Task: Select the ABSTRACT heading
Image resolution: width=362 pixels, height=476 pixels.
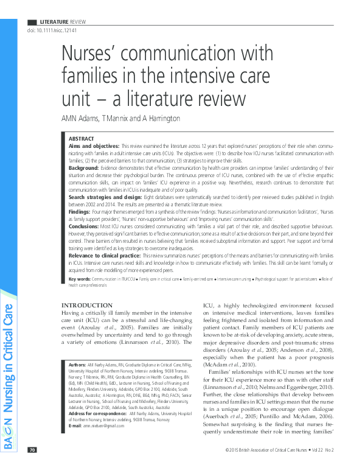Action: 82,139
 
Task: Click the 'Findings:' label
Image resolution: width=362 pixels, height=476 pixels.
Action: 80,217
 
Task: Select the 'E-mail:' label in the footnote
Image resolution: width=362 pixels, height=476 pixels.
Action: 75,425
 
